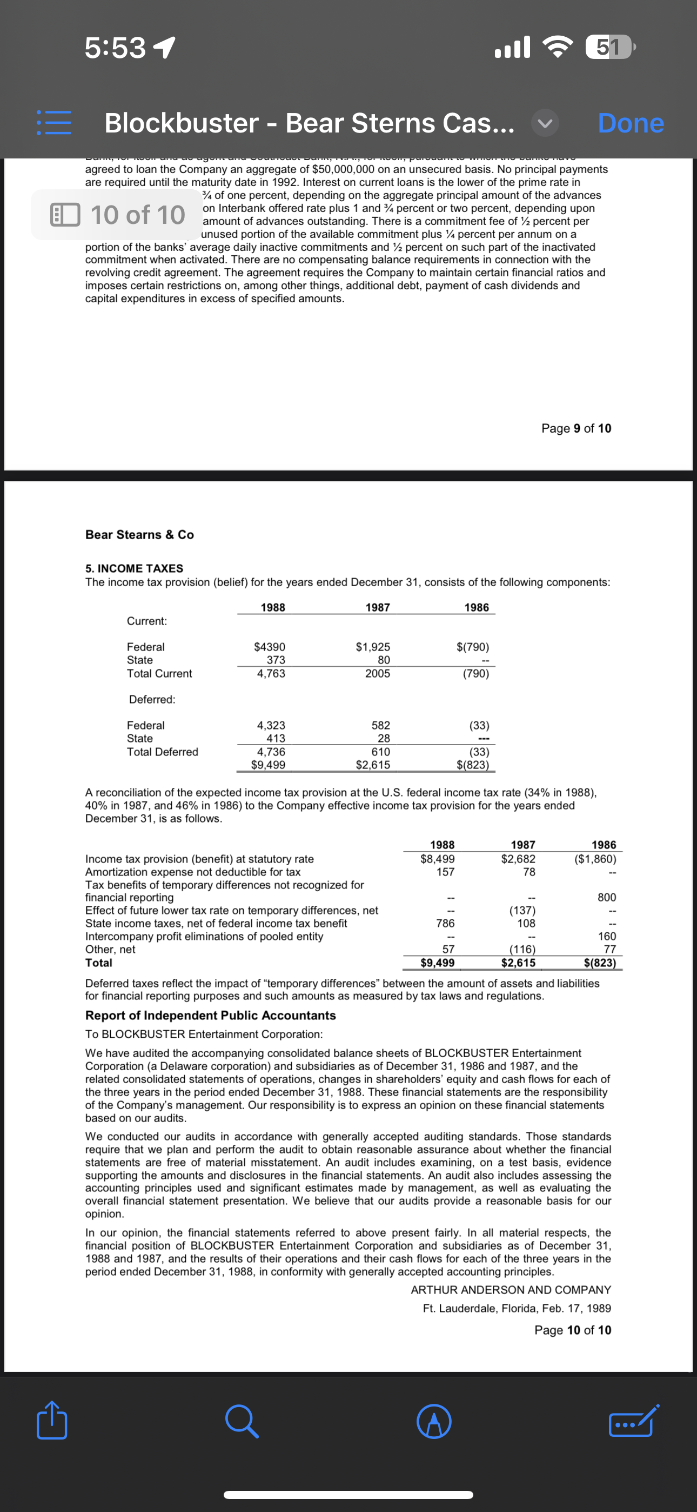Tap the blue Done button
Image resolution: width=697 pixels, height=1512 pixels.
pos(630,123)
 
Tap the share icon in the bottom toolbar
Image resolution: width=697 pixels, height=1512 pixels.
pos(52,1420)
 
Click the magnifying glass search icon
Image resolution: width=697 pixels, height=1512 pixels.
pos(241,1421)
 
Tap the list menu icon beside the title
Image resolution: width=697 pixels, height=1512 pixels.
pos(54,123)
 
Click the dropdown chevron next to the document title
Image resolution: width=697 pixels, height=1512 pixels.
pos(545,123)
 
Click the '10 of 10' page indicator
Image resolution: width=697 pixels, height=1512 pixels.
pos(117,215)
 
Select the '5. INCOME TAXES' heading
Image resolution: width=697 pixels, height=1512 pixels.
pos(134,568)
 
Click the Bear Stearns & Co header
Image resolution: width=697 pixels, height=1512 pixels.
pos(139,535)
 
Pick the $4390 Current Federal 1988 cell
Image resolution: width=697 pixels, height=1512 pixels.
pos(269,647)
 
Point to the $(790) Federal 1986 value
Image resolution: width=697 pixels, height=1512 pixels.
pos(472,647)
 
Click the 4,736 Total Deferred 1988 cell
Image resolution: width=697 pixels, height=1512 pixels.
pos(271,752)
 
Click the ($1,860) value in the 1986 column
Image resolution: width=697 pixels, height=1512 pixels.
pos(595,859)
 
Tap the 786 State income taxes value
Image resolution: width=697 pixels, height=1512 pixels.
pos(445,923)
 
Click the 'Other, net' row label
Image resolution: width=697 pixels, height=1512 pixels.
pos(110,949)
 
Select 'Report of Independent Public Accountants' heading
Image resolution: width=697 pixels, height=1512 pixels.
pos(210,1016)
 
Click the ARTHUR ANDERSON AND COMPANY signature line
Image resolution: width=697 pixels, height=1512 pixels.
pos(511,1290)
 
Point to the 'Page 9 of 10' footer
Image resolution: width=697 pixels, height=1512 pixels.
pos(575,428)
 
